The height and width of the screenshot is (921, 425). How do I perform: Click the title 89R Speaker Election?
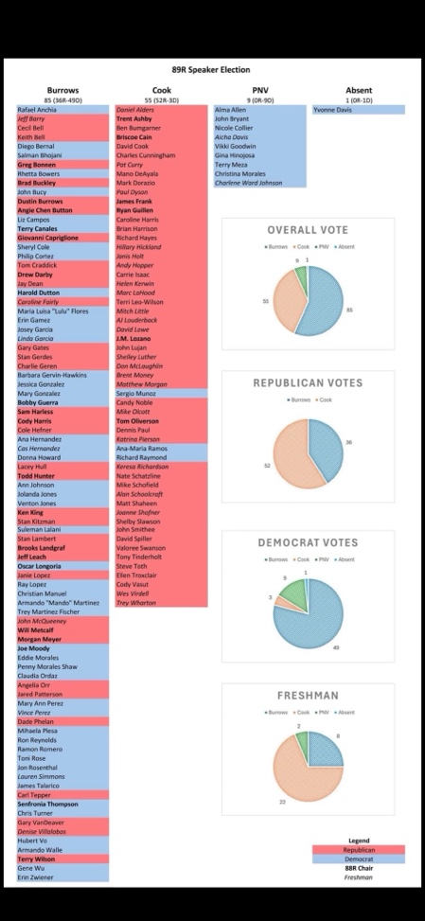tap(212, 70)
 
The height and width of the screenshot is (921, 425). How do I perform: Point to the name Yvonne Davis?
tap(333, 110)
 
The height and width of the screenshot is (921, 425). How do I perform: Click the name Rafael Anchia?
tap(37, 110)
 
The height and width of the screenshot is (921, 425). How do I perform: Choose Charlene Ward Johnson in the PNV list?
tap(249, 183)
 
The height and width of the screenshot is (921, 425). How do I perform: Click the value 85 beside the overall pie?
tap(349, 310)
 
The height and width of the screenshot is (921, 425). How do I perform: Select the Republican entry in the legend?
tap(359, 849)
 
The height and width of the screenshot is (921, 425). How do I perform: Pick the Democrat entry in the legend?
tap(359, 859)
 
